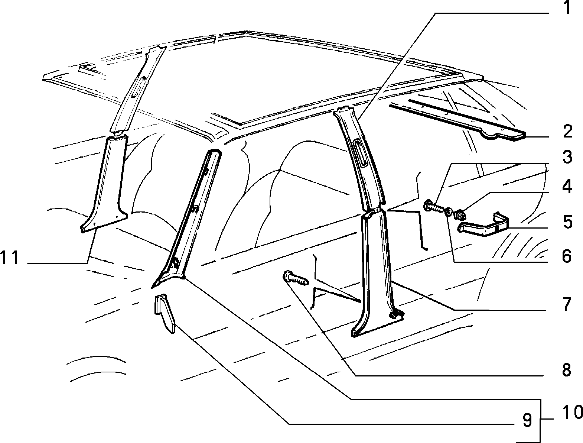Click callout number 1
pos(567,7)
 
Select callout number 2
pos(568,131)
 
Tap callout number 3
pos(568,157)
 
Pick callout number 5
pos(568,222)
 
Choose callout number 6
pos(567,256)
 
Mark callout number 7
pos(567,304)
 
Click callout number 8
pos(567,370)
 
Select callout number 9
pos(527,420)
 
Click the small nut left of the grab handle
pos(459,215)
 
